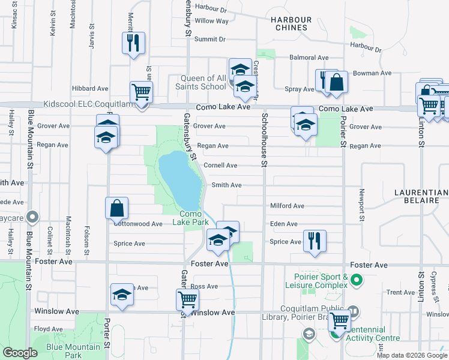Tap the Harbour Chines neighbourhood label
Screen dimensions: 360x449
coord(291,24)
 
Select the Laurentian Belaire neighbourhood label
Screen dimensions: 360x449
coord(421,197)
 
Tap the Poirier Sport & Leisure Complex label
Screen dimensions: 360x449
coord(321,281)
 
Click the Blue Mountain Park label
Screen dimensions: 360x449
coord(73,351)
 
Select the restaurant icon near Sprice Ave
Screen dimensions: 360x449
coord(315,240)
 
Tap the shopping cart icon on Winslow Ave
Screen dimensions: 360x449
coord(188,299)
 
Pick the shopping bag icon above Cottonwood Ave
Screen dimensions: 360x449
coord(117,208)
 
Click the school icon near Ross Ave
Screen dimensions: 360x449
coord(122,295)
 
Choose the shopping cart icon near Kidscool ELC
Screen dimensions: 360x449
coord(141,92)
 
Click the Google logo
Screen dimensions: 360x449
coord(20,353)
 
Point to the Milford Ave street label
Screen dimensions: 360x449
coord(287,206)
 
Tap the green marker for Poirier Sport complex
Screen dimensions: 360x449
coord(356,280)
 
